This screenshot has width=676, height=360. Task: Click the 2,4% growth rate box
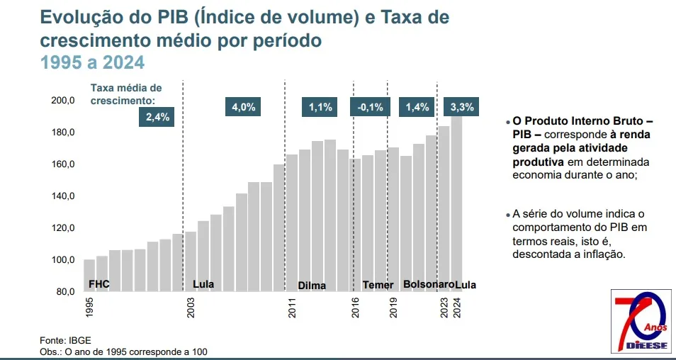(x=157, y=118)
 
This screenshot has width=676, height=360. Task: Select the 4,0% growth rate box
(x=243, y=108)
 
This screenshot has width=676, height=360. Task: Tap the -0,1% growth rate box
(x=370, y=108)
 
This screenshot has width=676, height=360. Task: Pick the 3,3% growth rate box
(x=462, y=108)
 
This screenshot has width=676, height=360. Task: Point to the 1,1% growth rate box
(x=320, y=108)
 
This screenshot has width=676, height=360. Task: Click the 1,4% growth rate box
(x=417, y=108)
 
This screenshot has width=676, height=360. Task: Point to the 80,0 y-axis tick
(x=65, y=291)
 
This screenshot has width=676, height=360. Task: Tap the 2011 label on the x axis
(x=292, y=308)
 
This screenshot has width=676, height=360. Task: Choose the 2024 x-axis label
(x=458, y=308)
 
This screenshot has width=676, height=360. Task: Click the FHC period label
(x=98, y=284)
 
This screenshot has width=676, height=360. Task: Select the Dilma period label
(x=312, y=286)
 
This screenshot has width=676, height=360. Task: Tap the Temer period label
(x=378, y=285)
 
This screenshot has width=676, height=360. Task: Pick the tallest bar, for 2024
(x=457, y=198)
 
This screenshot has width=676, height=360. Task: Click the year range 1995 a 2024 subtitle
(x=92, y=63)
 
